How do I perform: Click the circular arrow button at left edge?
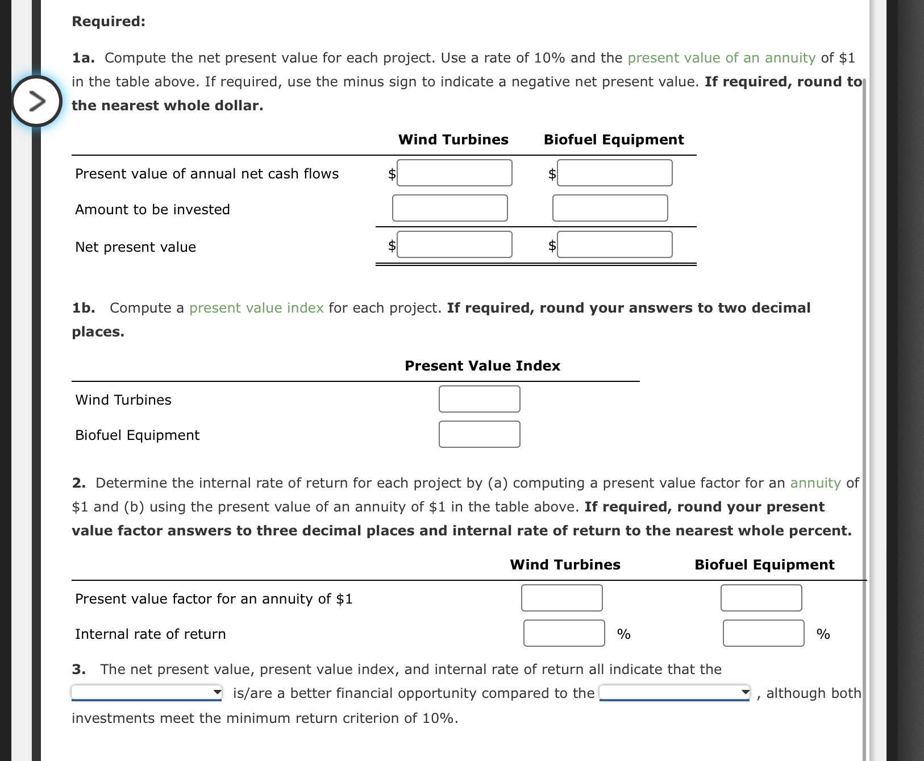(36, 101)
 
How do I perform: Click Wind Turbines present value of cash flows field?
(454, 173)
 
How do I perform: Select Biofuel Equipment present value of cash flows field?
(614, 173)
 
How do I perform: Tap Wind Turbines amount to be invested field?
(449, 208)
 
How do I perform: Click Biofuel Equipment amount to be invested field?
(610, 208)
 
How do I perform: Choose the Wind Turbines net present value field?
(454, 244)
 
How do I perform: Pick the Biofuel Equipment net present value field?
(614, 244)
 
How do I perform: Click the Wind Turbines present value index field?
(479, 399)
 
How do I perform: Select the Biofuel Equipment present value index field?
(479, 434)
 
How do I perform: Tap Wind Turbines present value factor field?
(561, 598)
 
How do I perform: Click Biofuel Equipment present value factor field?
(761, 598)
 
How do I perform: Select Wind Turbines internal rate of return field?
(564, 633)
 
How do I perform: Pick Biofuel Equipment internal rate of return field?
(763, 633)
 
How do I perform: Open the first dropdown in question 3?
(147, 692)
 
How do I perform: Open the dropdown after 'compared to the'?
(675, 692)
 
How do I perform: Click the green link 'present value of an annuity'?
(721, 58)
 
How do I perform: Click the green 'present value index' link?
(256, 308)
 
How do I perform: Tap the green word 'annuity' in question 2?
(815, 483)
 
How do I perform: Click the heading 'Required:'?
(109, 22)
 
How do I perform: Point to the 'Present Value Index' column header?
(482, 366)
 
